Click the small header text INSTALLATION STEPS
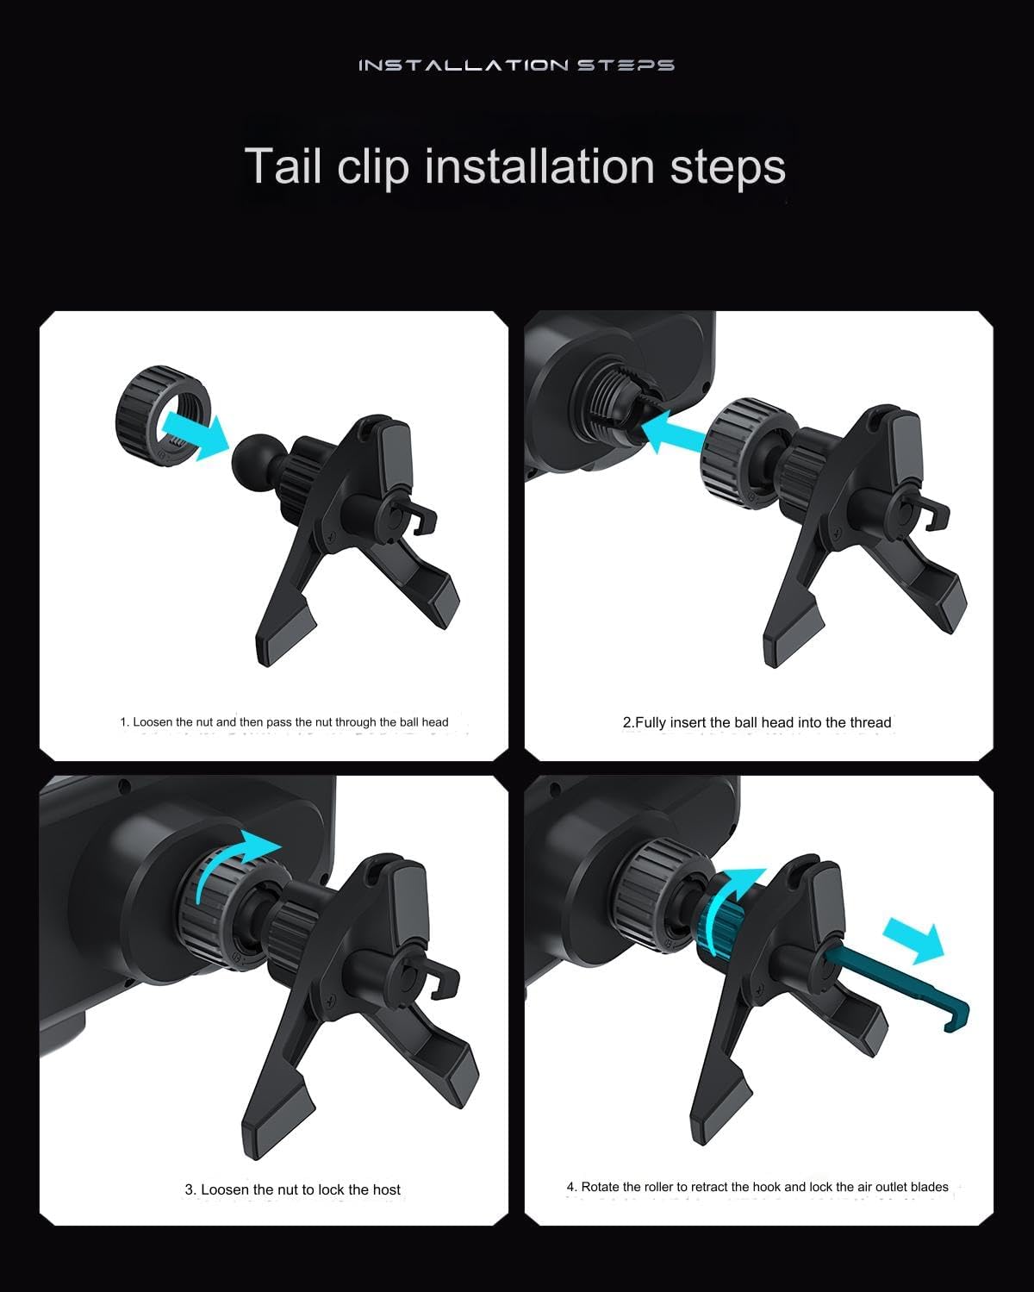click(516, 66)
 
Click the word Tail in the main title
click(283, 165)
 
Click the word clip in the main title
click(372, 165)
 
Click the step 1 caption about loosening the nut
click(283, 722)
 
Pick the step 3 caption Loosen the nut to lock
click(292, 1189)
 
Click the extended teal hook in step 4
click(905, 987)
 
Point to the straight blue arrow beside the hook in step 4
click(913, 939)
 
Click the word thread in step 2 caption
click(870, 722)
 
